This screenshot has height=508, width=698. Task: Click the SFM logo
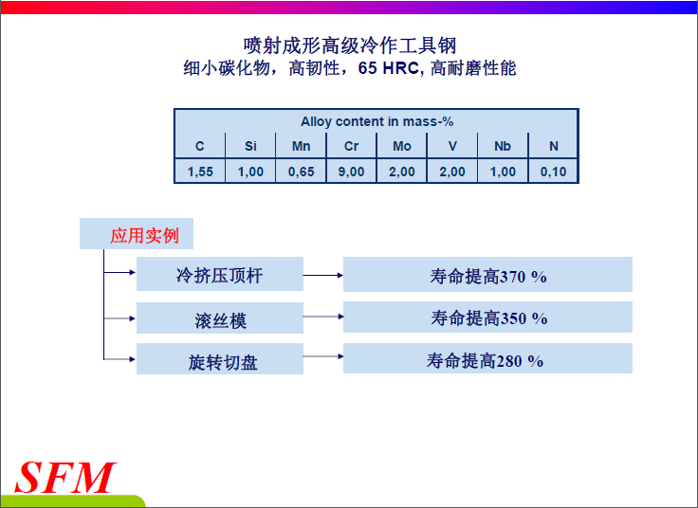click(x=65, y=478)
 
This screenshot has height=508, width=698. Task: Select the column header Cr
click(x=351, y=146)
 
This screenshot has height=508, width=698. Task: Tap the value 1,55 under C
click(x=200, y=172)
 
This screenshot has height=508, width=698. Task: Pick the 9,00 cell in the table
click(x=351, y=172)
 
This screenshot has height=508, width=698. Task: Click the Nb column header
click(x=503, y=146)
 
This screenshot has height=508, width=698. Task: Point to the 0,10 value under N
click(x=553, y=172)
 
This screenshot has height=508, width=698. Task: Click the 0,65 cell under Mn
click(x=301, y=172)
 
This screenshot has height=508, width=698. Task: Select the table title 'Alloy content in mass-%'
click(x=377, y=121)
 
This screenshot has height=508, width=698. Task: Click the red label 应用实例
click(x=145, y=236)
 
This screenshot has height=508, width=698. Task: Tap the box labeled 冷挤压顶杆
click(x=220, y=274)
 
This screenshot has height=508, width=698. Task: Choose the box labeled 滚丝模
click(x=220, y=318)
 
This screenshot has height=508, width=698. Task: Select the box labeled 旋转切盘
click(x=220, y=358)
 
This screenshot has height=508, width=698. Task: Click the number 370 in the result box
click(x=513, y=277)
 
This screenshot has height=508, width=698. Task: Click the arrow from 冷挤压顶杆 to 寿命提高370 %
click(x=323, y=276)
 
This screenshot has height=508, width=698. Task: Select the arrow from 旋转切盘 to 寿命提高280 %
click(x=323, y=356)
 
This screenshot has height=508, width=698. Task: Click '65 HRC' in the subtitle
click(x=389, y=68)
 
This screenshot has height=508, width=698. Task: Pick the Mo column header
click(x=402, y=146)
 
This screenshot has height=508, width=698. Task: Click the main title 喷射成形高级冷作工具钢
click(x=350, y=45)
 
